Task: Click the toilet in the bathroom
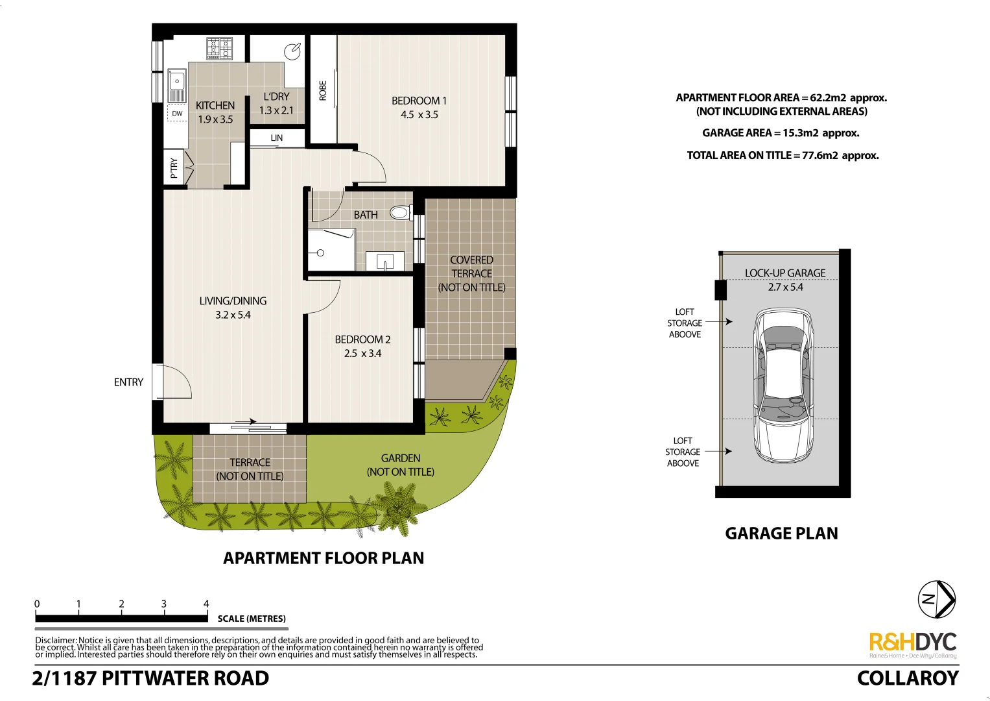400,212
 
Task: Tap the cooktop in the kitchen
220,48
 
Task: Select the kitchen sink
177,86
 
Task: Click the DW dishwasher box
177,114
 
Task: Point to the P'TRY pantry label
174,167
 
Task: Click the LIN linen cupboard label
277,138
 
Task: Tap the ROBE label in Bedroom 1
323,91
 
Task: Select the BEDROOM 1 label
419,101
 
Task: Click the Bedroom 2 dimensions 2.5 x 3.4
362,354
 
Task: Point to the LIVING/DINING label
233,301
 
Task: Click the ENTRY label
128,382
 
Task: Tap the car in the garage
783,385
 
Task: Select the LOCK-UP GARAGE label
785,273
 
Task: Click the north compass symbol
936,599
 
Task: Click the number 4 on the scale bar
206,604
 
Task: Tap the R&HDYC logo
912,642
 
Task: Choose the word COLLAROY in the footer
907,678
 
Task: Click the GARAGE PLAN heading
781,534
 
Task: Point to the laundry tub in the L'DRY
293,51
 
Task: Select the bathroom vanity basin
385,263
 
